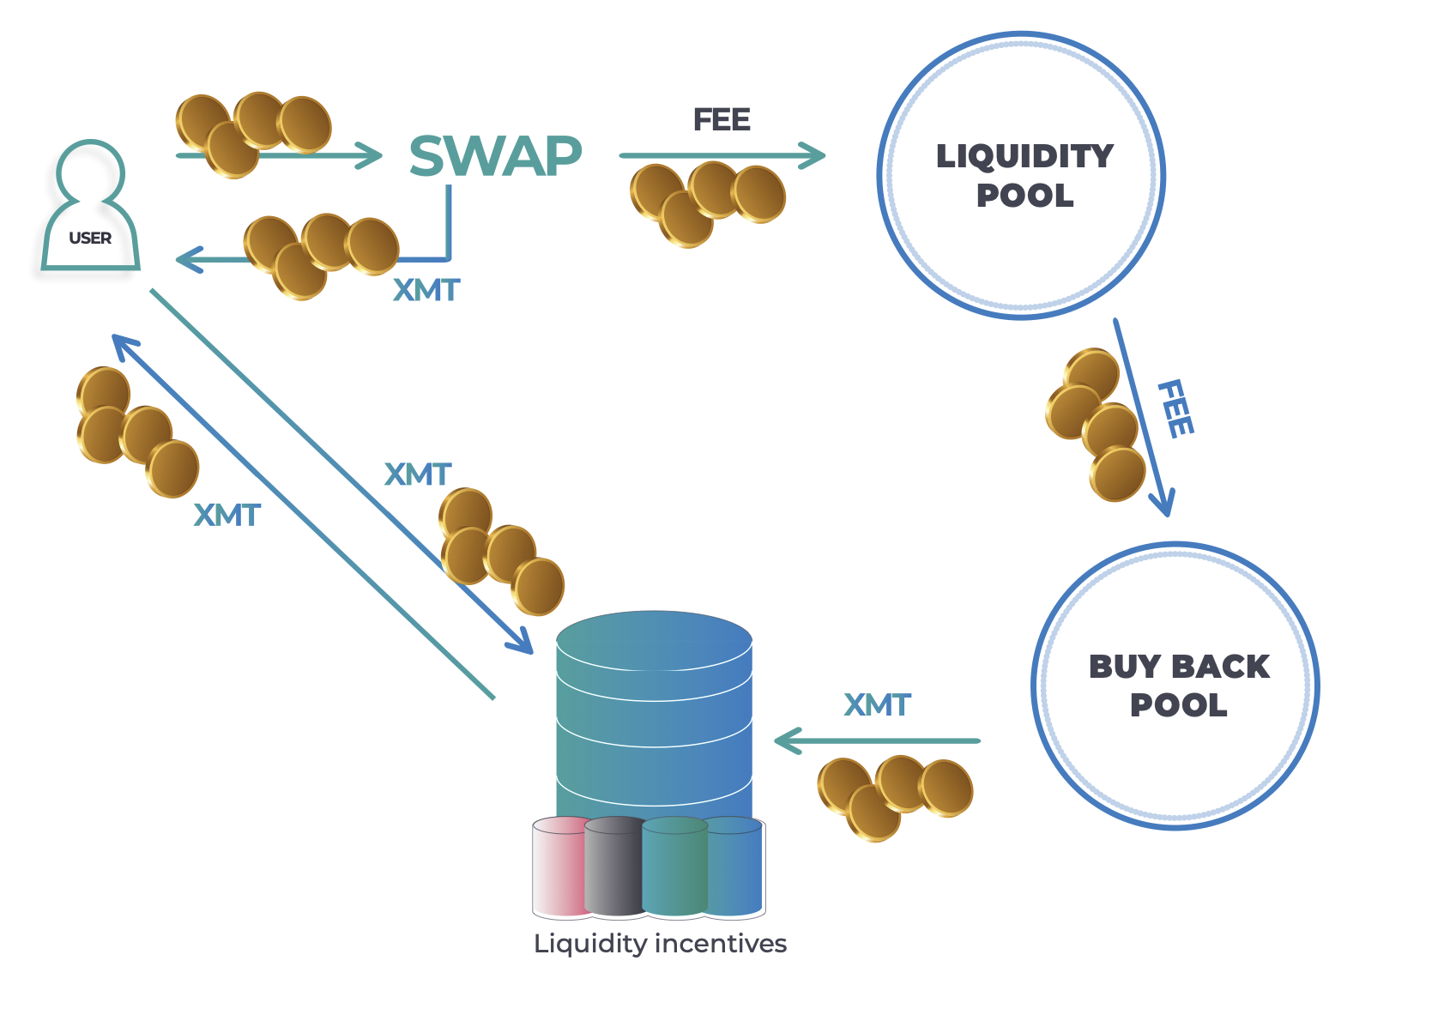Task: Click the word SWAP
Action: pos(496,156)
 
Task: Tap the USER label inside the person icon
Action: pos(90,238)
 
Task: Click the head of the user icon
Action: pos(91,172)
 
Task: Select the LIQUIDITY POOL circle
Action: pos(1021,176)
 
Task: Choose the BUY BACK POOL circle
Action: pos(1175,686)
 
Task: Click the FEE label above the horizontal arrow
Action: pos(722,120)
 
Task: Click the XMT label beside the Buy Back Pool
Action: pos(877,705)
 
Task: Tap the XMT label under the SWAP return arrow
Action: pos(426,291)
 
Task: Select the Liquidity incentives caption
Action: pos(660,944)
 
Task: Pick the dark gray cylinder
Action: pos(614,867)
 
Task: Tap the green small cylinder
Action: pos(674,867)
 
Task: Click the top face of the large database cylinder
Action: pos(654,639)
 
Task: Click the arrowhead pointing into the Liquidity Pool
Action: pos(813,155)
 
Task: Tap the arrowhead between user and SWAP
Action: pos(371,155)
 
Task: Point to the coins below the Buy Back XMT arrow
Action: pos(895,796)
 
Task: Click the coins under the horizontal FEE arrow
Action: pos(708,202)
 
